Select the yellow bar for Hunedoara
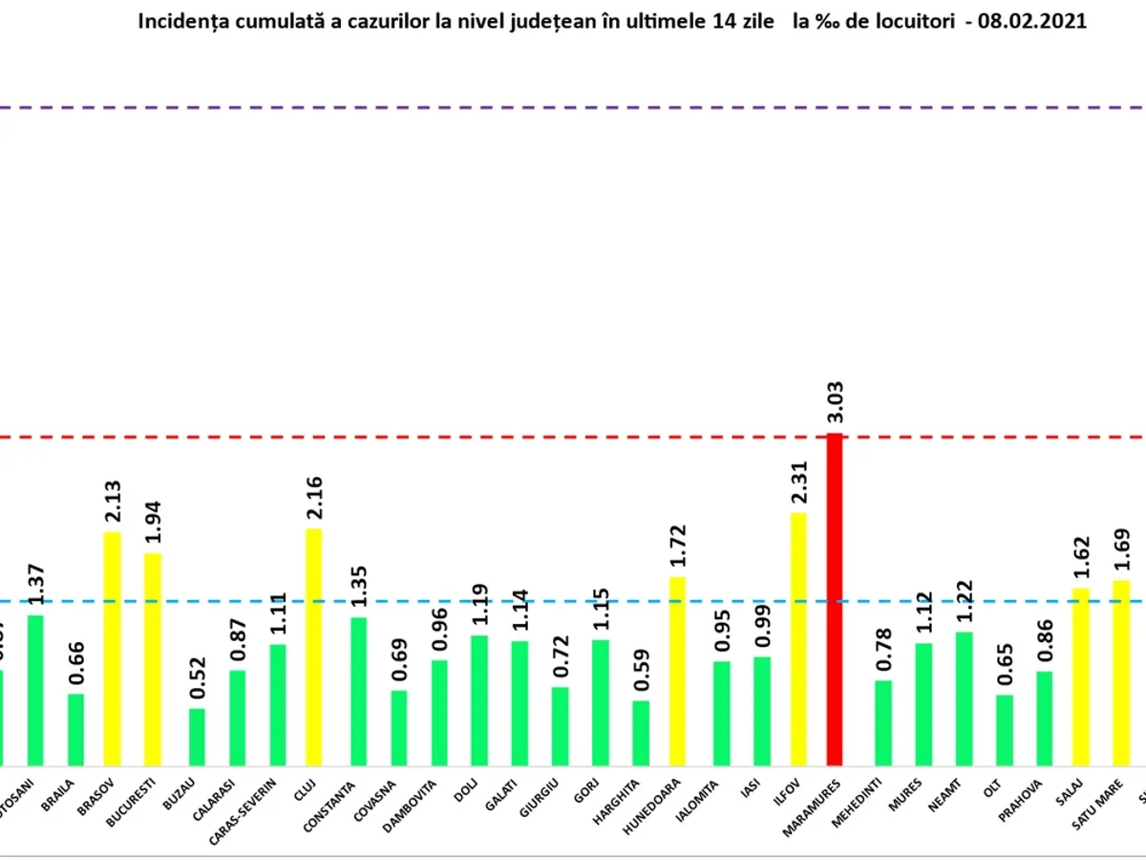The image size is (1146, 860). pos(677,670)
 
